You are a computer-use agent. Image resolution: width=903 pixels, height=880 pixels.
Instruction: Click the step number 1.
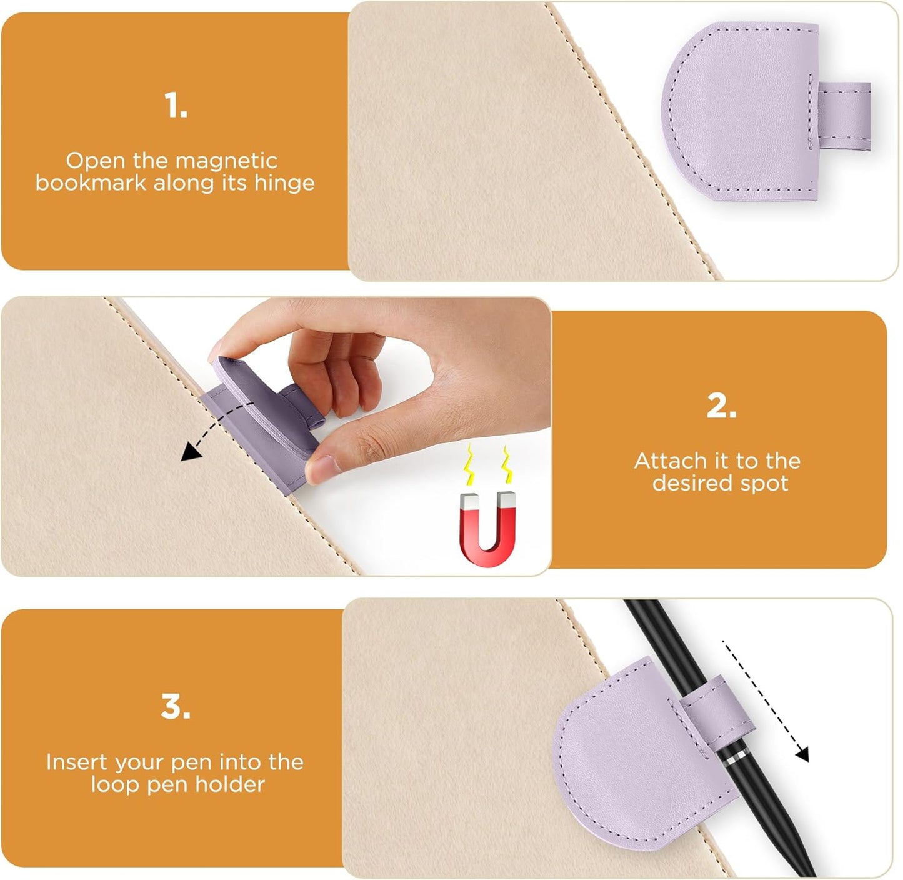tap(175, 105)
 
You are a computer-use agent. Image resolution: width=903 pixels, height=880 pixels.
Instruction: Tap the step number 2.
tap(721, 406)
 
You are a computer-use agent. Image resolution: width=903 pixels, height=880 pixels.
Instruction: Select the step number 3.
tap(175, 707)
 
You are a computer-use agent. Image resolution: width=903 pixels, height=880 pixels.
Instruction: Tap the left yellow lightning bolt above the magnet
tap(468, 466)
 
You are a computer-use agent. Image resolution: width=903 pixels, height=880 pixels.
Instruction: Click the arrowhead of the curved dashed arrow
tap(186, 453)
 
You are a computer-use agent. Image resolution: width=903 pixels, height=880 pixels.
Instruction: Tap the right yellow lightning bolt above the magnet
tap(507, 464)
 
